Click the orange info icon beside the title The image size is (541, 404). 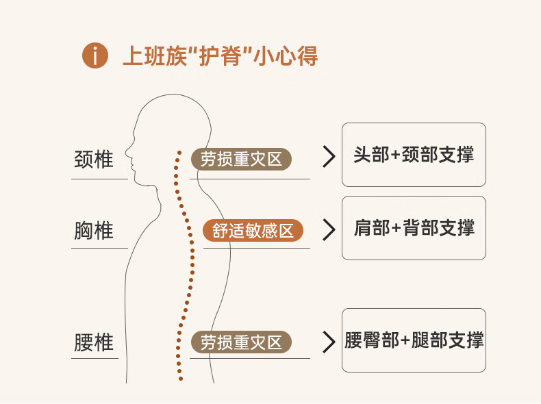[95, 55]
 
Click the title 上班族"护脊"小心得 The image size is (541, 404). [219, 55]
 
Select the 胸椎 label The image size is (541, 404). [93, 230]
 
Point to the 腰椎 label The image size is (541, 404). [93, 342]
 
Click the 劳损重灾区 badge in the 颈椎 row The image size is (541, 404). [241, 160]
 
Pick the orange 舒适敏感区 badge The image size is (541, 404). [253, 231]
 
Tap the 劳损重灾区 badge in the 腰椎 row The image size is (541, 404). [241, 342]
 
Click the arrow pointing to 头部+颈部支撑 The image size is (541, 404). [329, 157]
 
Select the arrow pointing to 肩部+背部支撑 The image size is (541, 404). [329, 229]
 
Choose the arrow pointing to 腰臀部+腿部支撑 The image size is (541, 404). [329, 341]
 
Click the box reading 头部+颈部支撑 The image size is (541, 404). [414, 155]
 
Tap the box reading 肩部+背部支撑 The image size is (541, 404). [414, 228]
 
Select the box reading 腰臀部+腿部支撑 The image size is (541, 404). [414, 340]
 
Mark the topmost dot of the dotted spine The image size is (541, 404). [179, 152]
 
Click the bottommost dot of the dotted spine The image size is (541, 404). [180, 378]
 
